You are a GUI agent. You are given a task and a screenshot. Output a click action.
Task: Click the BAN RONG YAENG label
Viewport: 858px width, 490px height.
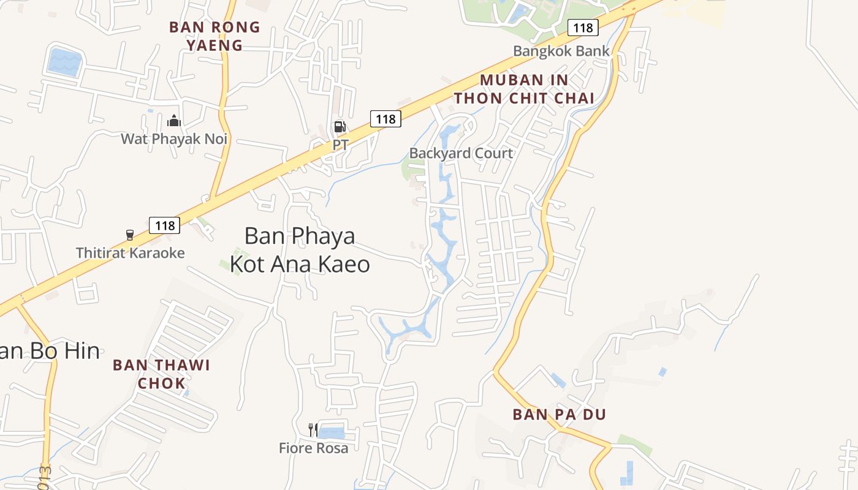pyautogui.click(x=214, y=36)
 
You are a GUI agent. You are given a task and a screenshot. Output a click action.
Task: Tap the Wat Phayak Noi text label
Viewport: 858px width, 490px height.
pyautogui.click(x=174, y=139)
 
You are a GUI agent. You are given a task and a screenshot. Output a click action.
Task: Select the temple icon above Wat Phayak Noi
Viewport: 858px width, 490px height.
pyautogui.click(x=174, y=121)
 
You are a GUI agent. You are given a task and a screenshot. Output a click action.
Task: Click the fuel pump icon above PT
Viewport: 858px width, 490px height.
pyautogui.click(x=339, y=127)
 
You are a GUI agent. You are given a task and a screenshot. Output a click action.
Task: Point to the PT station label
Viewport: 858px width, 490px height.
pyautogui.click(x=340, y=145)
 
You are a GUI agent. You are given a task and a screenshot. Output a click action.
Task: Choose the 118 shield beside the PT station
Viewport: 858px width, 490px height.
pyautogui.click(x=385, y=119)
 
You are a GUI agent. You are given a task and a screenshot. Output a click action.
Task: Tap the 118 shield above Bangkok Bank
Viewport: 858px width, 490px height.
pyautogui.click(x=582, y=28)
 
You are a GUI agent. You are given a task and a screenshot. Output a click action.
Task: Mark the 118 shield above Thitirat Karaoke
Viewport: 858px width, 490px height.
pyautogui.click(x=165, y=225)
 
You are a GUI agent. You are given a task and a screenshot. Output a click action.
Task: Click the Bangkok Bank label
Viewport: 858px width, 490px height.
pyautogui.click(x=561, y=51)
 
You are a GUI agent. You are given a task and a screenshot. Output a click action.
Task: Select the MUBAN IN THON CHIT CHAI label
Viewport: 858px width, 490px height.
pyautogui.click(x=524, y=89)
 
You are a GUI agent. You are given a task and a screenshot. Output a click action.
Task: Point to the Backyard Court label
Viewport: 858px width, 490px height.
pyautogui.click(x=461, y=153)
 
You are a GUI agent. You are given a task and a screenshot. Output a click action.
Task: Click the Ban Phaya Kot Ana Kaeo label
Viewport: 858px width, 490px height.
pyautogui.click(x=300, y=249)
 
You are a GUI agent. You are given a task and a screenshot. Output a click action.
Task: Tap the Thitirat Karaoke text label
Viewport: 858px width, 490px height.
pyautogui.click(x=130, y=252)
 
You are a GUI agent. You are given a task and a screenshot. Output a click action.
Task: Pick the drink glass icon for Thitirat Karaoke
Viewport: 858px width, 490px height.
pyautogui.click(x=130, y=235)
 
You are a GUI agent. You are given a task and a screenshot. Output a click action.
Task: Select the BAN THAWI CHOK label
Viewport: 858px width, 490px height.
pyautogui.click(x=161, y=374)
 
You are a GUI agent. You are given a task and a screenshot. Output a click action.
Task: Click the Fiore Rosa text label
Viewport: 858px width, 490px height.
pyautogui.click(x=313, y=448)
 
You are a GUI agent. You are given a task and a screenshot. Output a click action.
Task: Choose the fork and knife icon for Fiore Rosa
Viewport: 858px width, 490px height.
pyautogui.click(x=313, y=430)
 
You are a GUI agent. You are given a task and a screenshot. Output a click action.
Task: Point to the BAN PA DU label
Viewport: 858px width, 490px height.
pyautogui.click(x=559, y=415)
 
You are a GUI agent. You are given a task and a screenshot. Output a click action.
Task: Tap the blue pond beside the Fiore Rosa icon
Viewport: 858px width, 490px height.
pyautogui.click(x=332, y=433)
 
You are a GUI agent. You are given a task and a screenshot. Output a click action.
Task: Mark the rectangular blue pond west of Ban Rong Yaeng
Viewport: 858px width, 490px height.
pyautogui.click(x=64, y=62)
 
